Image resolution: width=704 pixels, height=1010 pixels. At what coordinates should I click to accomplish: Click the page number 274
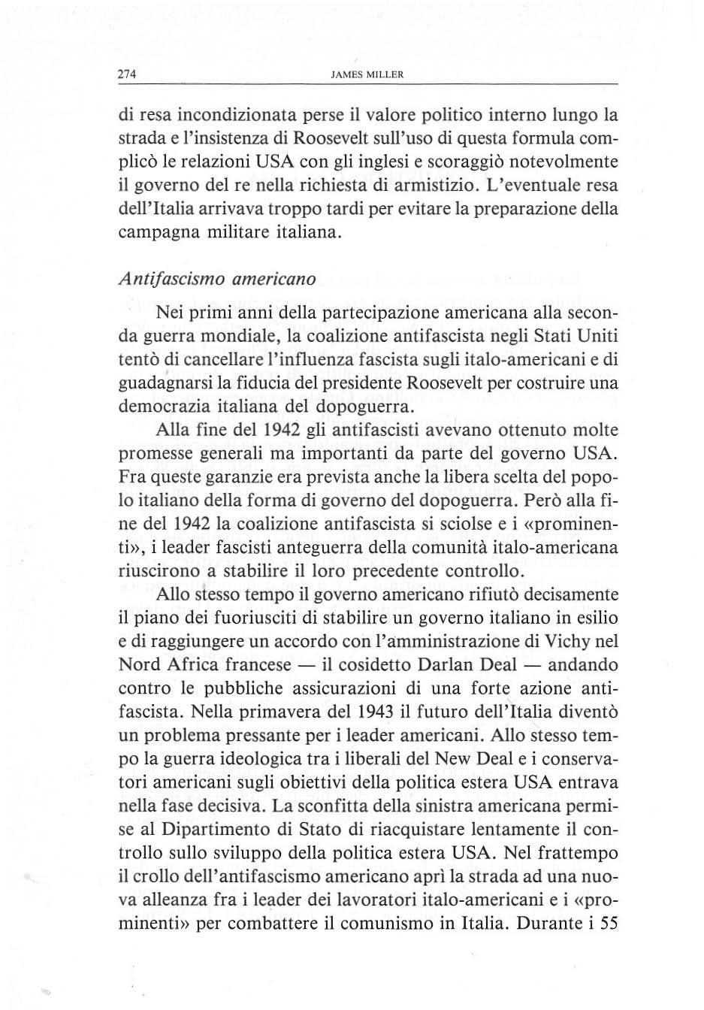coord(127,75)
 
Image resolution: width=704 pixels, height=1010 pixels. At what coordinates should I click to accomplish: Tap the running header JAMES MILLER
coord(367,75)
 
